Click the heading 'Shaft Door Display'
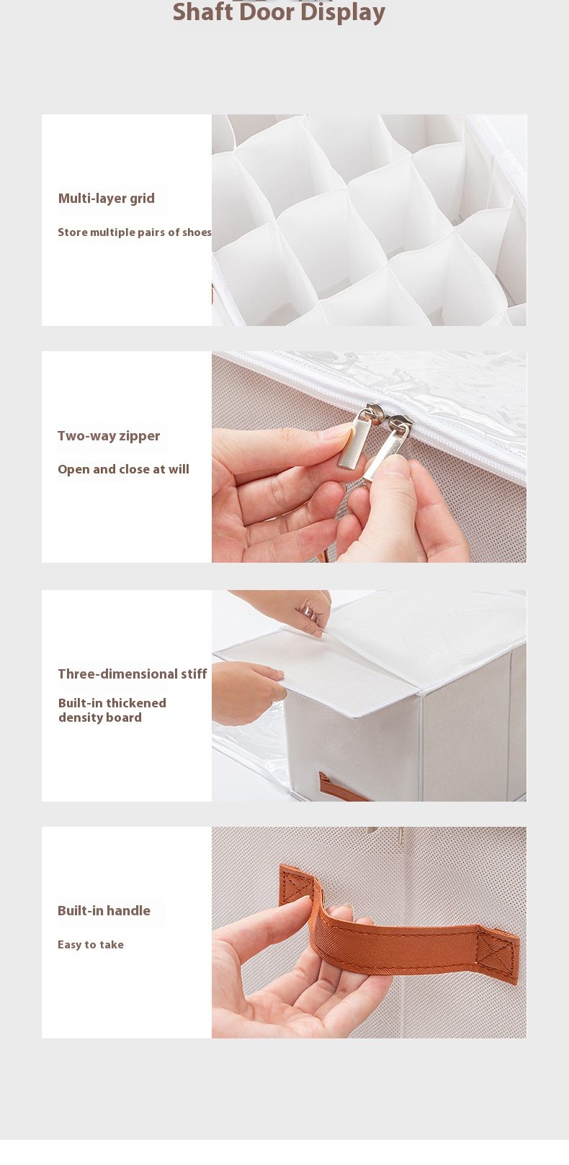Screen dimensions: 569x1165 pos(279,12)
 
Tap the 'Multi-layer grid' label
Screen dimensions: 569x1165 pos(106,198)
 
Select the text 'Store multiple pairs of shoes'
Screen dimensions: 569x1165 pos(134,232)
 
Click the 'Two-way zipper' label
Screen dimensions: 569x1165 pos(108,436)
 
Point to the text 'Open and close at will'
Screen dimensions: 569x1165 pos(123,469)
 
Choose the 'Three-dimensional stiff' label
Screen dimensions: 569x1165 pos(133,674)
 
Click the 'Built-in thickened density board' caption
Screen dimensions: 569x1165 pos(112,710)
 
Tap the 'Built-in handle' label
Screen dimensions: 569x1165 pos(104,911)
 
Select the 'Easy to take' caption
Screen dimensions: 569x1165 pos(91,945)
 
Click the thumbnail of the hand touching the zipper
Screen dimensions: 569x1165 pos(369,457)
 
